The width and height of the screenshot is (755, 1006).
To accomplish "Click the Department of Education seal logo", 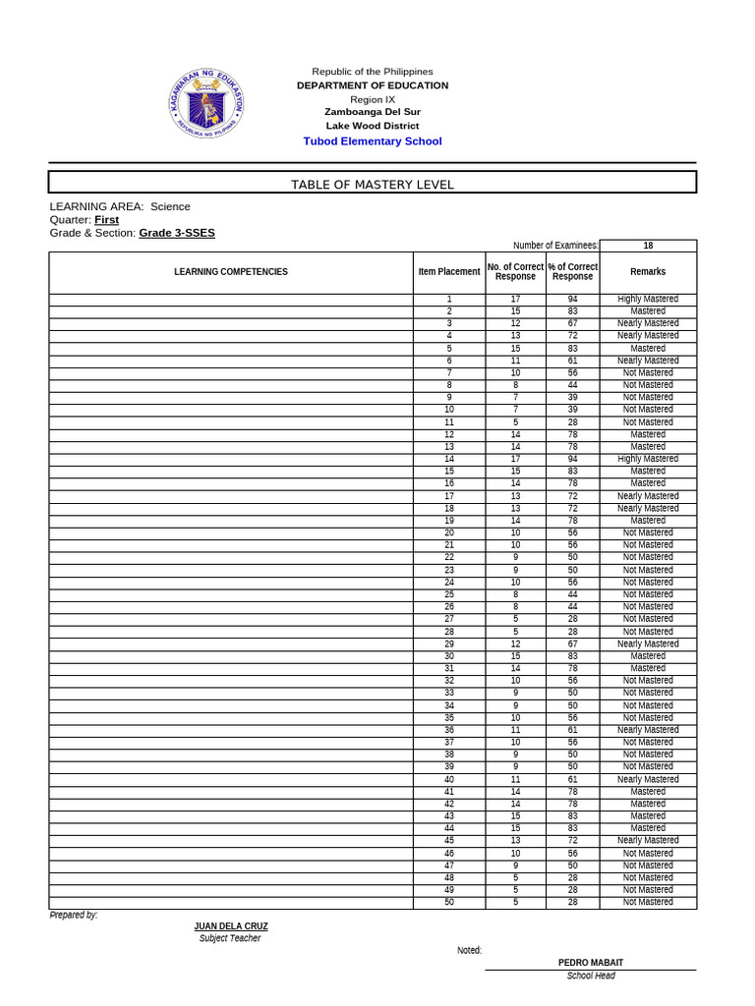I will (x=206, y=103).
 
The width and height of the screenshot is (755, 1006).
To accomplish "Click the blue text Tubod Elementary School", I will (x=373, y=141).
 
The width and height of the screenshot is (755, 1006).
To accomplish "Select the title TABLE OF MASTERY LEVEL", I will (x=373, y=185).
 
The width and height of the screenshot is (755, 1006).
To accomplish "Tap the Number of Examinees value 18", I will (x=648, y=246).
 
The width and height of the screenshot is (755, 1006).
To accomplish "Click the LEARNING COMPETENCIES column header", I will (x=231, y=272).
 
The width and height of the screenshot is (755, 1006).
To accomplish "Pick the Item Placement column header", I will (x=449, y=272).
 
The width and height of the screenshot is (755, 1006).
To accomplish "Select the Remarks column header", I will (x=648, y=272).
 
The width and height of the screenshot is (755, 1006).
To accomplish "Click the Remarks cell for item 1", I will (x=648, y=299).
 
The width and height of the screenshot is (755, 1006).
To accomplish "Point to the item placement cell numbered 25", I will (x=449, y=594).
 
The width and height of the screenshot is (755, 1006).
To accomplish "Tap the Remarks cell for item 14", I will (x=648, y=459).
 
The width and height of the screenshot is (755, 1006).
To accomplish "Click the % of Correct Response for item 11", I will (x=573, y=422).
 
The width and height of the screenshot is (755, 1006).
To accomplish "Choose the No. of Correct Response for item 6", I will (x=515, y=361).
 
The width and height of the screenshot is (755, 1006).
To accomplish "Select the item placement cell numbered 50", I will (x=449, y=902).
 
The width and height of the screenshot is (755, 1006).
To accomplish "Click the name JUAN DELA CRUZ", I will (x=231, y=926).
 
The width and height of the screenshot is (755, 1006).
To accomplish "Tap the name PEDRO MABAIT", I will (x=591, y=963).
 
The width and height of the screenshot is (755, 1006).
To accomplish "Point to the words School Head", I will (x=591, y=976).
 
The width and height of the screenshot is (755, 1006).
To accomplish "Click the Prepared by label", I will (x=74, y=915).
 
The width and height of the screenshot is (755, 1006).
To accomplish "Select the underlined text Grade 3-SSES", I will (x=177, y=233).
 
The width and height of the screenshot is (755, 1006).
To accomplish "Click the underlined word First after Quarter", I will (x=106, y=220).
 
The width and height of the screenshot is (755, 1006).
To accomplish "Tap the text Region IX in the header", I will (x=373, y=99).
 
